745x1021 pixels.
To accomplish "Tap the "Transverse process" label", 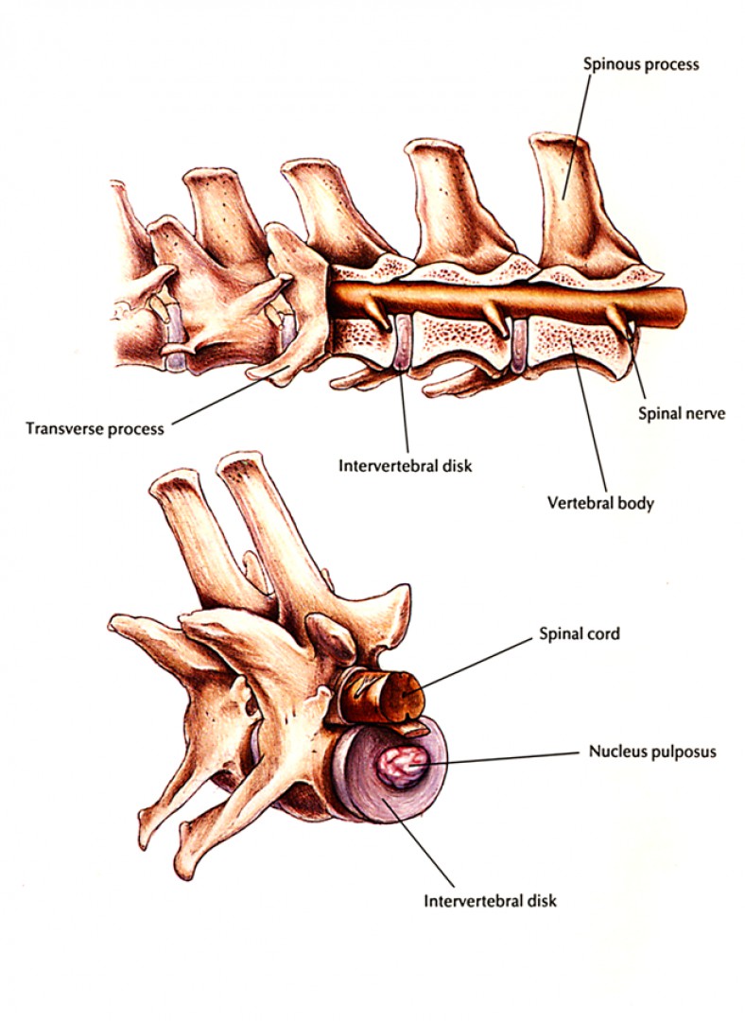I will [x=94, y=428].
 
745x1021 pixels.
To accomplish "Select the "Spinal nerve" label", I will [x=680, y=413].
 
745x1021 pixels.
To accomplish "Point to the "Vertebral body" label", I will [x=600, y=503].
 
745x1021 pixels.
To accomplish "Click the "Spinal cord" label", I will [x=580, y=633].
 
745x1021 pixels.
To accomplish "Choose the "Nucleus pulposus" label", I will [x=651, y=753].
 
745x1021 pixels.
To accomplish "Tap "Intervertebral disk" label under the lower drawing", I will [x=490, y=900].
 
